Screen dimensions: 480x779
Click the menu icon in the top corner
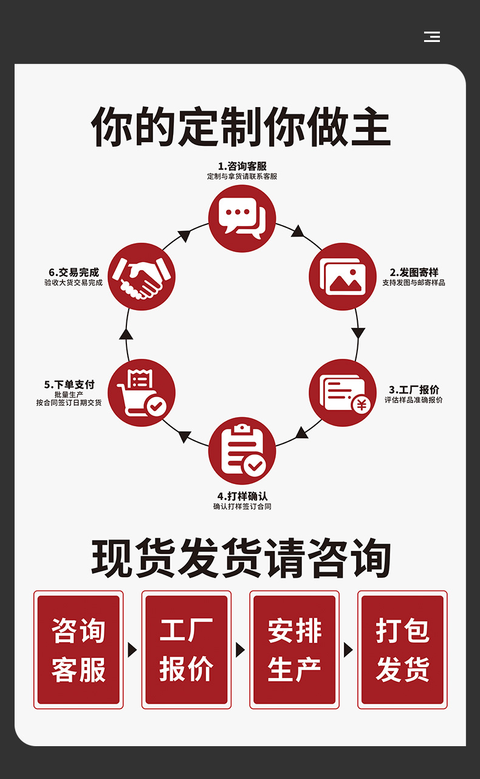pyautogui.click(x=432, y=36)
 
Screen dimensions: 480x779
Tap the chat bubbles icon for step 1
pyautogui.click(x=242, y=218)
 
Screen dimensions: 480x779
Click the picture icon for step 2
pyautogui.click(x=343, y=277)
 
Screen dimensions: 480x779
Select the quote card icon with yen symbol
pyautogui.click(x=343, y=393)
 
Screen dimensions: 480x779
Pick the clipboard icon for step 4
pyautogui.click(x=242, y=451)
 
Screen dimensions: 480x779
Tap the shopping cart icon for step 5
pyautogui.click(x=142, y=393)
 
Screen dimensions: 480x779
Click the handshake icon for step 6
pyautogui.click(x=142, y=277)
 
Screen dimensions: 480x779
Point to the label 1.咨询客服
pyautogui.click(x=242, y=166)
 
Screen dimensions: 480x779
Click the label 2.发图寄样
pyautogui.click(x=414, y=272)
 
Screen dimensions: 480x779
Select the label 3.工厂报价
pyautogui.click(x=414, y=389)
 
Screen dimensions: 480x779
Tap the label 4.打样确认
pyautogui.click(x=242, y=496)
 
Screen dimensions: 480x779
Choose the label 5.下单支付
pyautogui.click(x=69, y=384)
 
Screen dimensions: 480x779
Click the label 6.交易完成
pyautogui.click(x=74, y=272)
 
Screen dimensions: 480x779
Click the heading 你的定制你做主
pyautogui.click(x=241, y=127)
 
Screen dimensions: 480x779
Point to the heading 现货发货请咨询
pyautogui.click(x=241, y=558)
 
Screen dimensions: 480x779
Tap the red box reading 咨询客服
pyautogui.click(x=78, y=649)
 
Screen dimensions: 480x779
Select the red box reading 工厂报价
pyautogui.click(x=187, y=649)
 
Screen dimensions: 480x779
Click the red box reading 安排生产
pyautogui.click(x=295, y=649)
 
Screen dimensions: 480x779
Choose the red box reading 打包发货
pyautogui.click(x=402, y=649)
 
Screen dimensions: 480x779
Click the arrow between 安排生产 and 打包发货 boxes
pyautogui.click(x=348, y=649)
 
